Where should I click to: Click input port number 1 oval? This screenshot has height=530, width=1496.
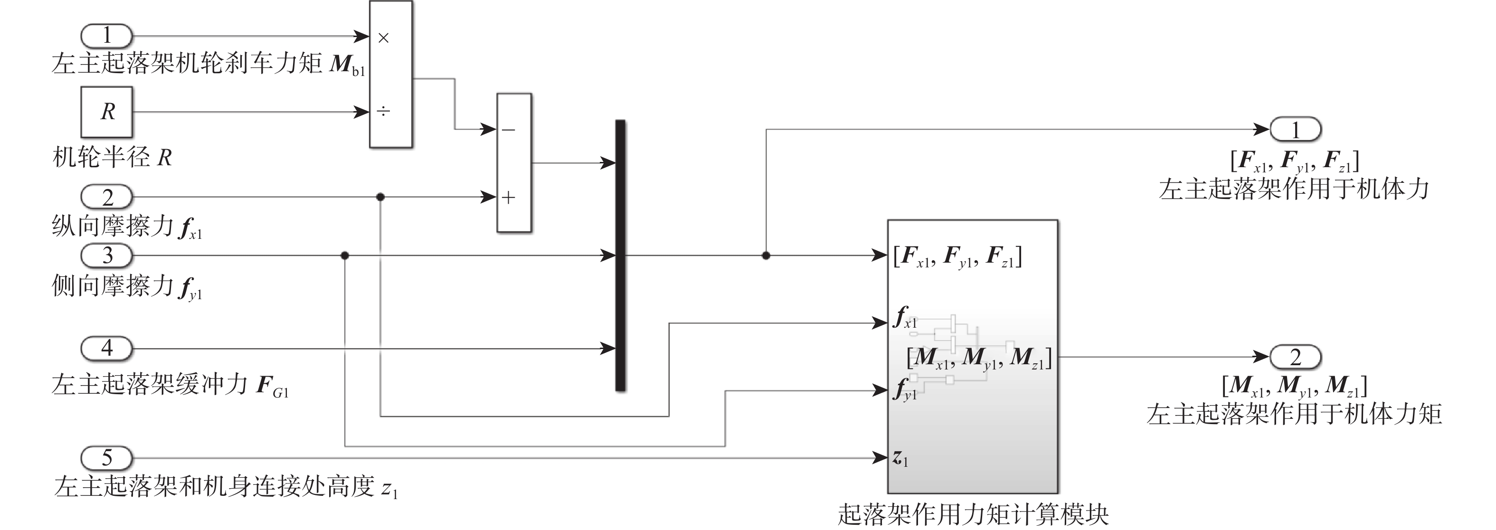[106, 36]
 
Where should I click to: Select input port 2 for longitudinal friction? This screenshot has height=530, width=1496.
[106, 198]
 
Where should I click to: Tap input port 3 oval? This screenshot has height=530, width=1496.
[106, 256]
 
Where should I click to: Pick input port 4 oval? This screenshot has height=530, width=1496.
[106, 348]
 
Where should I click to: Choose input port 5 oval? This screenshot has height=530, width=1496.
[106, 458]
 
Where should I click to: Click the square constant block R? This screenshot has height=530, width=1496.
[107, 112]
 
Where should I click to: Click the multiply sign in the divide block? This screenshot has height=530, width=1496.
[383, 38]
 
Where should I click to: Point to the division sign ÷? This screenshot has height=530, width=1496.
[383, 111]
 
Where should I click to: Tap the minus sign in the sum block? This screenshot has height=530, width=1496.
[509, 130]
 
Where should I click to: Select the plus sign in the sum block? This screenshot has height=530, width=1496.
[509, 198]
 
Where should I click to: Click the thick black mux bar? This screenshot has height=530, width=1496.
[620, 256]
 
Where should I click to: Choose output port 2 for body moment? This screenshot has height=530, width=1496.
[1295, 357]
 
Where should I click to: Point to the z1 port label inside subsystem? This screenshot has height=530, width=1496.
[900, 459]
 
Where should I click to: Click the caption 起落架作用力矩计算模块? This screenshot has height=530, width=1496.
[973, 514]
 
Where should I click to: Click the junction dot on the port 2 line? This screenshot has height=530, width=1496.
[380, 198]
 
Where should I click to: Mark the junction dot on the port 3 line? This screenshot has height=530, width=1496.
[345, 256]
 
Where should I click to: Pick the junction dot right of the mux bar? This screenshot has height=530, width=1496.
[766, 256]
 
